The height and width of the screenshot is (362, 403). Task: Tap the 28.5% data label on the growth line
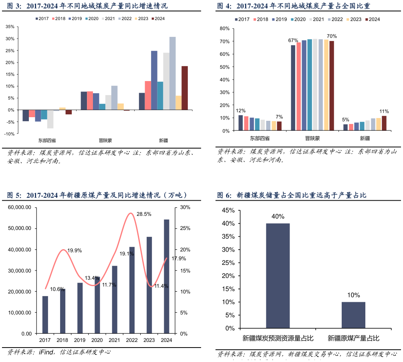coord(144,214)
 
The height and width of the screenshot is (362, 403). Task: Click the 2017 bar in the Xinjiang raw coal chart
coord(45,315)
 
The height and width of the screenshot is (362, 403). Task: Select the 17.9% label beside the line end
coord(178,258)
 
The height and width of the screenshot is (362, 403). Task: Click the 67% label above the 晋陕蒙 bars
coord(293,41)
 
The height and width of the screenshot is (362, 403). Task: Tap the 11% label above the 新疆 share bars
coord(384,111)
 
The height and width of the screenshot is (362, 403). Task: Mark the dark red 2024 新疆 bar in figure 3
coord(185,88)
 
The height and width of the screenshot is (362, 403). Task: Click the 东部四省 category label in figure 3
coord(47,140)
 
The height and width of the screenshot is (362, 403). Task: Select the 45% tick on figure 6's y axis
coord(228,210)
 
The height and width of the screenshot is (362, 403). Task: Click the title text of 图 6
coord(292,195)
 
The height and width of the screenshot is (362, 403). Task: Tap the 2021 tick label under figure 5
coord(114,340)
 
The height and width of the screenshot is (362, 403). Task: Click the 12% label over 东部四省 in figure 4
coord(241,110)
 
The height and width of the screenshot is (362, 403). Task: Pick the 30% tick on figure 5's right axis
coord(185,207)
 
